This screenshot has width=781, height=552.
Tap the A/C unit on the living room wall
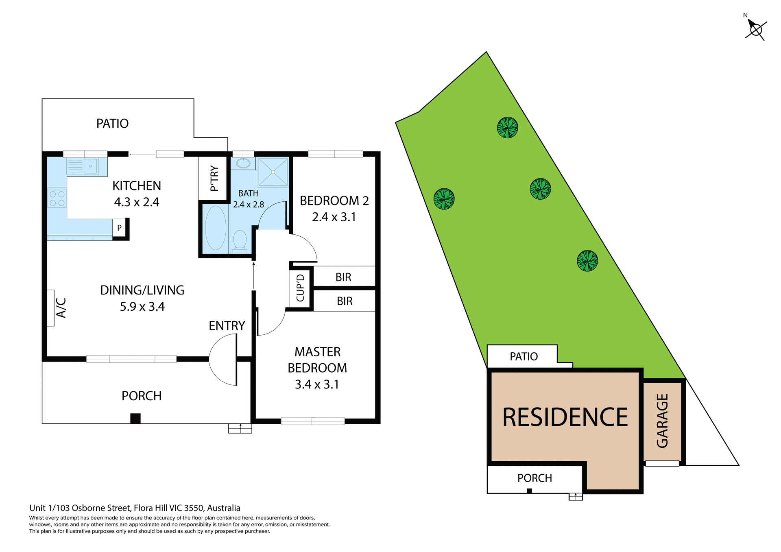tap(51, 308)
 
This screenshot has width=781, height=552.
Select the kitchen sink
tap(90, 166)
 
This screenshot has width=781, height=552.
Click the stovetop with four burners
tap(57, 198)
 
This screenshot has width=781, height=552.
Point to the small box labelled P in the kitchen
tap(119, 228)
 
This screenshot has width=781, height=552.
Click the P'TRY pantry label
tap(214, 178)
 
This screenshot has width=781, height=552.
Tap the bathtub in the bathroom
tap(216, 228)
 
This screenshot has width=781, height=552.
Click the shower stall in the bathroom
tap(273, 172)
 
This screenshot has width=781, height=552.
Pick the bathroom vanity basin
tap(243, 163)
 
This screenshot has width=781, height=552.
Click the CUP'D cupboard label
tap(300, 288)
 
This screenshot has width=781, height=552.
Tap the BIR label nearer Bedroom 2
tap(343, 277)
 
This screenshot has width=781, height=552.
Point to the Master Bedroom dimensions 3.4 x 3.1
tap(317, 384)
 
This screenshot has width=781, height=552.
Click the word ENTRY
tap(227, 325)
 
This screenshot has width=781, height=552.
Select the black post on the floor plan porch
tap(135, 418)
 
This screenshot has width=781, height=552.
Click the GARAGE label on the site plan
tap(662, 421)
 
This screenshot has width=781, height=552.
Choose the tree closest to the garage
tap(587, 260)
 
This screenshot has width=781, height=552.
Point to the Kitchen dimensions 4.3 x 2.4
tap(137, 202)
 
